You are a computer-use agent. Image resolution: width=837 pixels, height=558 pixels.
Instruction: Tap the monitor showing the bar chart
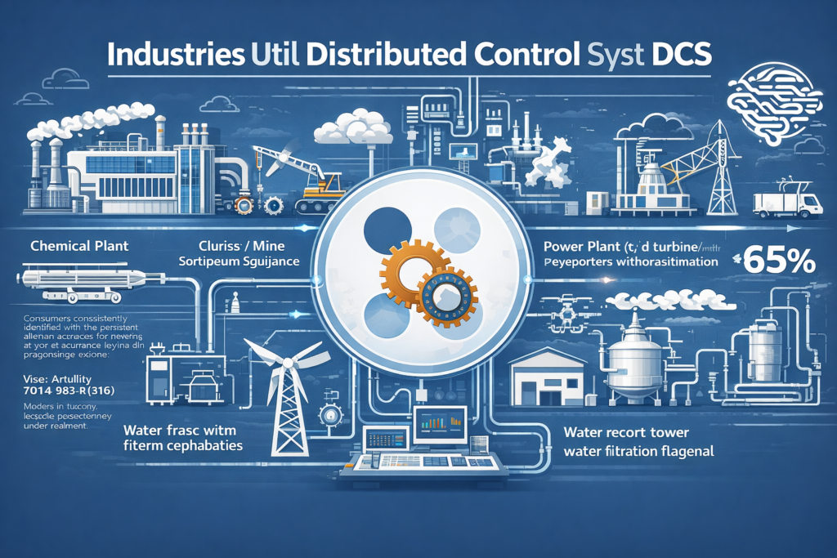[440, 425]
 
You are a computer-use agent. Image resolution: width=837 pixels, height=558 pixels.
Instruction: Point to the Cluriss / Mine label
[236, 244]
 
